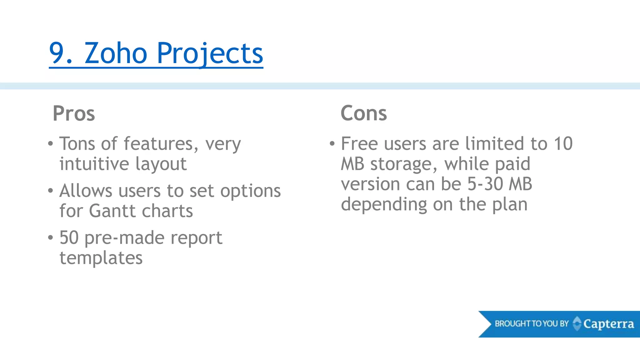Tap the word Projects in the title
tap(210, 54)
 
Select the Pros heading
tap(74, 113)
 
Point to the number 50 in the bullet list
tap(69, 237)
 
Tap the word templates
tap(101, 258)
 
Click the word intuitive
tap(94, 164)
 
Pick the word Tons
tap(77, 144)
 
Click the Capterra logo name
tap(608, 324)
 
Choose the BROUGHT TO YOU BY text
tap(531, 323)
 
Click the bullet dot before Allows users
tap(51, 191)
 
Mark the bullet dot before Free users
tap(332, 144)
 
